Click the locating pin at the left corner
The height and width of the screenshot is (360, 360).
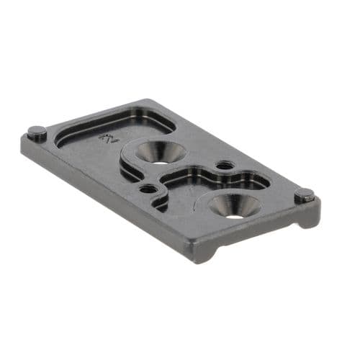[36, 132]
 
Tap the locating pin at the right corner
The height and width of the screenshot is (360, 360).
[305, 194]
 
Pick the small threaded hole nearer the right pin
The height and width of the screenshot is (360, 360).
[225, 166]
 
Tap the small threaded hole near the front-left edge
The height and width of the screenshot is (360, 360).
[148, 189]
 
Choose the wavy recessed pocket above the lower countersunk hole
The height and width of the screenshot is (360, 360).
[209, 180]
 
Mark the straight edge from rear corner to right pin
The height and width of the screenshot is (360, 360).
[230, 148]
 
